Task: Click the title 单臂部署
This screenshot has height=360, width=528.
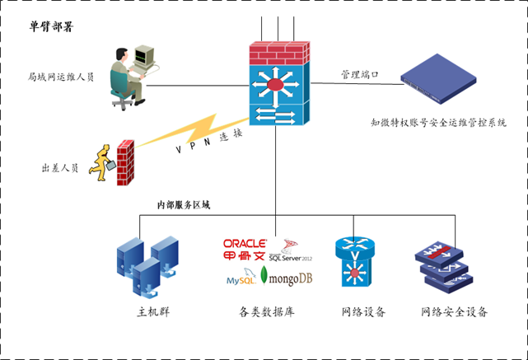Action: (51, 27)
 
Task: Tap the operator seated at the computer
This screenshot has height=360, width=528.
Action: (124, 78)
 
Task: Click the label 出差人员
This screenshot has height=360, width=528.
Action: (59, 168)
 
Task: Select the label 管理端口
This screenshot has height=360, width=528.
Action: (359, 75)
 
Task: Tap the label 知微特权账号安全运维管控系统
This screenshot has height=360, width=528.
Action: (437, 122)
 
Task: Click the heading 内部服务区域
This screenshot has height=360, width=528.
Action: (184, 204)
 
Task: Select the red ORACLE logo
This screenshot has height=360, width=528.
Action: (245, 243)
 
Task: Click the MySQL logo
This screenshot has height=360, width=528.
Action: (241, 281)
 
